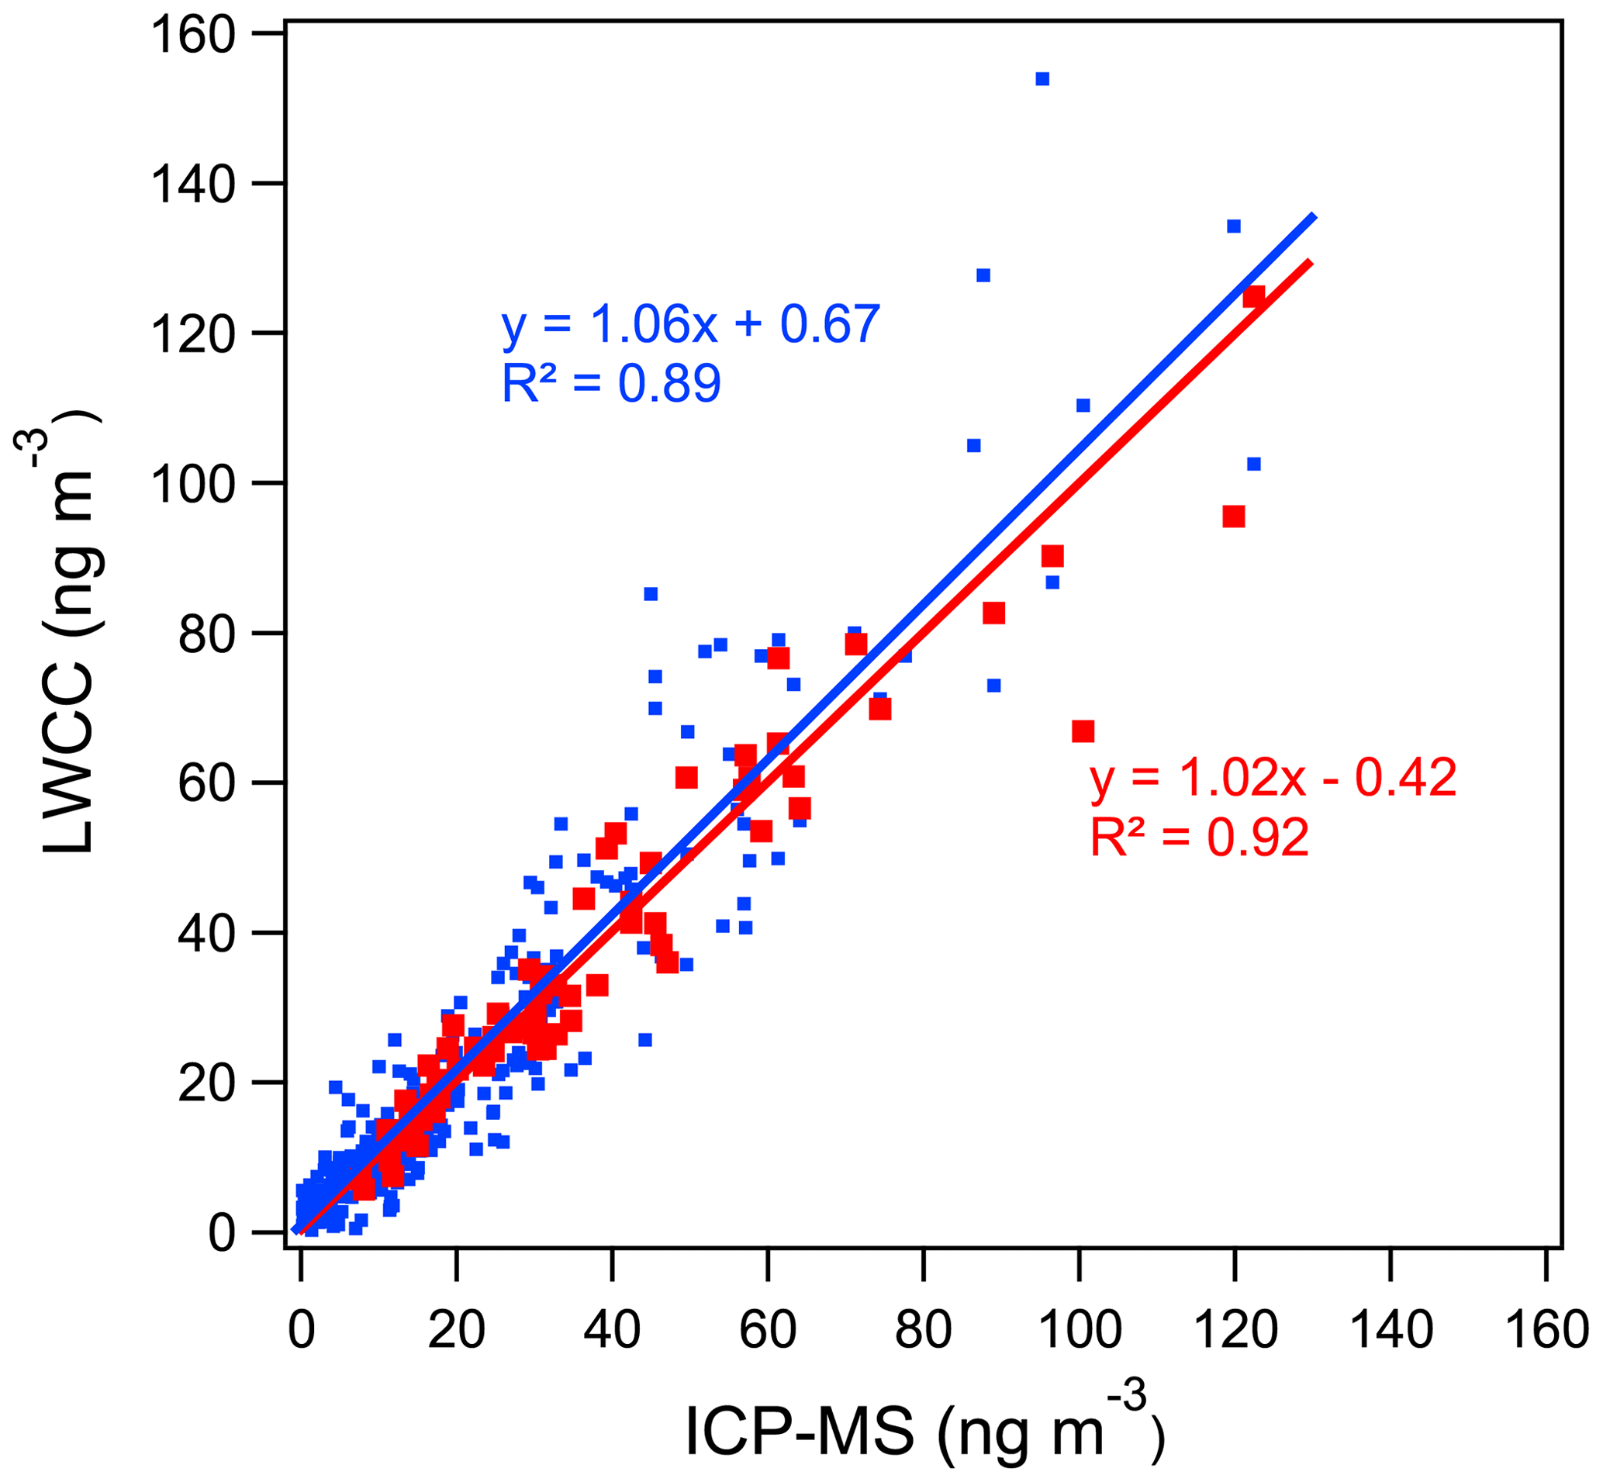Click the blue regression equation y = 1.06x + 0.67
pyautogui.click(x=690, y=325)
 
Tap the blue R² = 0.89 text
pyautogui.click(x=611, y=383)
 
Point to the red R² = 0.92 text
pyautogui.click(x=1199, y=838)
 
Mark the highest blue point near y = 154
pyautogui.click(x=1042, y=78)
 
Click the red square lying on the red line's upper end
pyautogui.click(x=1253, y=296)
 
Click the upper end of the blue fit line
pyautogui.click(x=1312, y=216)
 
